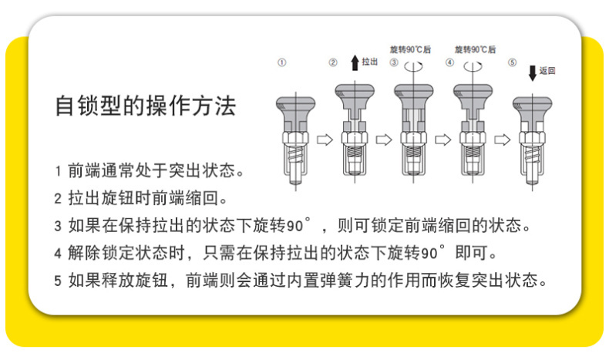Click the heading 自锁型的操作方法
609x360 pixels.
146,106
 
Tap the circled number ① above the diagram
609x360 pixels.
282,62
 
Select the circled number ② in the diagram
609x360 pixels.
333,62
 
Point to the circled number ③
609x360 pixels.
394,62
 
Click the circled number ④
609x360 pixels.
449,62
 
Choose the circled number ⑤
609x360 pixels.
513,62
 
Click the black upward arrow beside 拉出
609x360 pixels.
355,63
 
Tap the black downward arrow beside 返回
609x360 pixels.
533,73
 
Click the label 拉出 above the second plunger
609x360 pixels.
369,62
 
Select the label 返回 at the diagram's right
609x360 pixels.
547,71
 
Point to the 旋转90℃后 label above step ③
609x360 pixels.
411,49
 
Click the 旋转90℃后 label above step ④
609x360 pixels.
476,49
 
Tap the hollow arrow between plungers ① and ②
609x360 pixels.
325,140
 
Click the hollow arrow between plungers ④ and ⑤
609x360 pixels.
502,140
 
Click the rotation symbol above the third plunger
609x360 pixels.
413,67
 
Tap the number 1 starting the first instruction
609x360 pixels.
59,171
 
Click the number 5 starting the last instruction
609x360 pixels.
58,281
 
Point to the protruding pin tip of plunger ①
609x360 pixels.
295,180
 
